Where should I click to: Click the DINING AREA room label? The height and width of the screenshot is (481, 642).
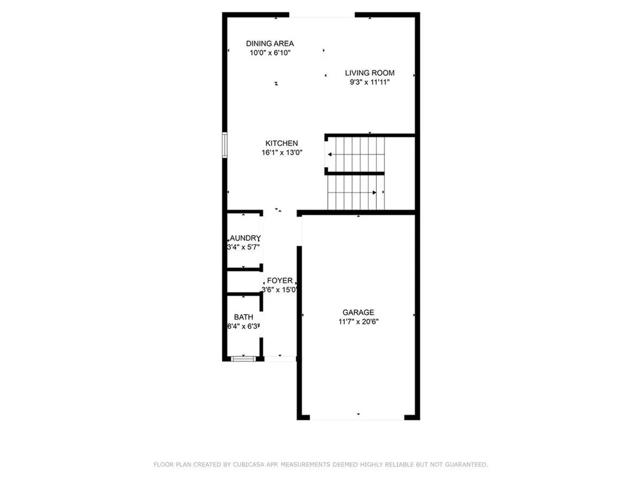pos(270,43)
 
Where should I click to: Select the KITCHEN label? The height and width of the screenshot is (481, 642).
pos(281,143)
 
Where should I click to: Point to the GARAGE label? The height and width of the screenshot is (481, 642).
pos(358,313)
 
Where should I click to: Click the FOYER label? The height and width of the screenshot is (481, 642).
pos(280,281)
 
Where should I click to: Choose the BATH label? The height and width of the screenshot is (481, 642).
pos(243,318)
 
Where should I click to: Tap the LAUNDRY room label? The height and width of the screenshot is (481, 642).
pos(244,238)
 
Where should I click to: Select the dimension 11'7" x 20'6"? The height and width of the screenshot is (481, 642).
pos(358,321)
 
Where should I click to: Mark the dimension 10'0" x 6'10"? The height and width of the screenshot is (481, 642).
pos(270,53)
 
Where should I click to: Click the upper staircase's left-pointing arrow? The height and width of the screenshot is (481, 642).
pos(330,153)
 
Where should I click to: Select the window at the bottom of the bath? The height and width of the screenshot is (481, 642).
pos(242,358)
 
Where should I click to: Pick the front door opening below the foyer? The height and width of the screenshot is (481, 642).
pos(280,359)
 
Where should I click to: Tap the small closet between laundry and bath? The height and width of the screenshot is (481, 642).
pos(243,282)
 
